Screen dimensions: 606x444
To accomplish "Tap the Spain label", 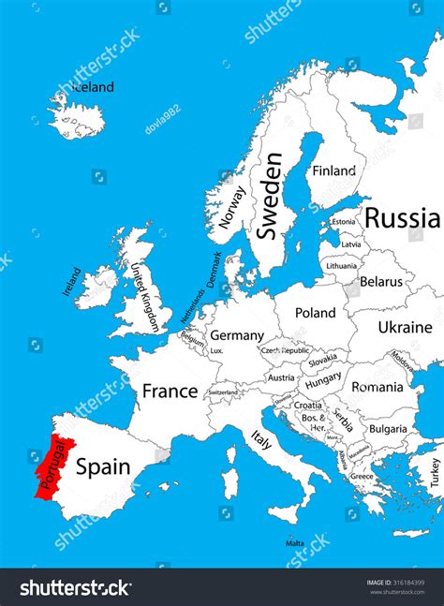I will coord(102,465).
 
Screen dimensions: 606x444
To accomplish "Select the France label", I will coord(170,391).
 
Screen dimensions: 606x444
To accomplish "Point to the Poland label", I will coord(315,313).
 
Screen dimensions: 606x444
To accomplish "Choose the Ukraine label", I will coord(405,327).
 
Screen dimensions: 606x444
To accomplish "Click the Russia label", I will coord(402,218).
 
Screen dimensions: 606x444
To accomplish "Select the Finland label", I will coord(334,170).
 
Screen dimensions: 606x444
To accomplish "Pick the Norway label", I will coord(231,207).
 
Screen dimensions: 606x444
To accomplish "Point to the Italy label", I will coord(261,438).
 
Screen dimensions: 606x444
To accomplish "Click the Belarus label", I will coord(381,281).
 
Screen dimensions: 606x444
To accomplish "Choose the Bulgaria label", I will coord(387,429).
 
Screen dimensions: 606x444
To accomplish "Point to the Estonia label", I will coord(344,222).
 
